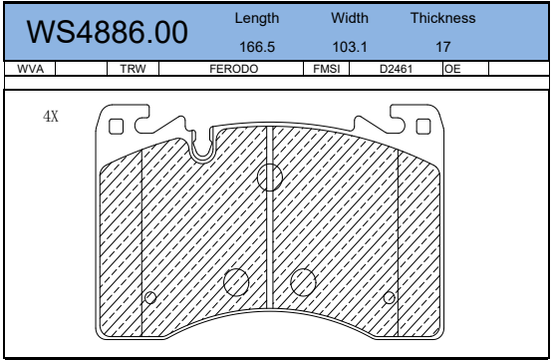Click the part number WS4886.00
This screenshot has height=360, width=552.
tap(107, 32)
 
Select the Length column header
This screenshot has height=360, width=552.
tap(257, 18)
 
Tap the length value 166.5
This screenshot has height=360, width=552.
tap(257, 47)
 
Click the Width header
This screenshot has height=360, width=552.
tap(350, 18)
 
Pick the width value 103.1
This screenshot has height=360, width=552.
tap(350, 47)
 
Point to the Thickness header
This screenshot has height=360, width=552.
tap(442, 18)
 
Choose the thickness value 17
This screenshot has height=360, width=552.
tap(442, 47)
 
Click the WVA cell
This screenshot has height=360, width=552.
tap(30, 69)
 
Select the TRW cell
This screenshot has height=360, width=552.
tap(133, 69)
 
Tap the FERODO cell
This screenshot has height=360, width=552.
tap(234, 69)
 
